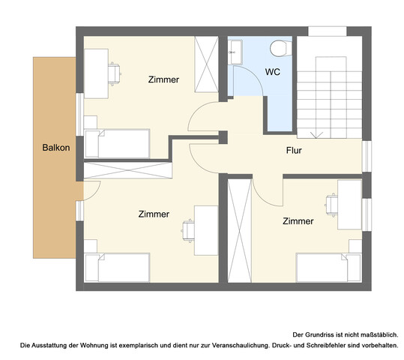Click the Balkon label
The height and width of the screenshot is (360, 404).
click(56, 148)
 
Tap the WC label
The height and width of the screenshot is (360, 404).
click(273, 72)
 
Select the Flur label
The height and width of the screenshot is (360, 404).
click(294, 150)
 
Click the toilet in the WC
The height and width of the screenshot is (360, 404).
click(281, 48)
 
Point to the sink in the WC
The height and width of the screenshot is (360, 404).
click(235, 52)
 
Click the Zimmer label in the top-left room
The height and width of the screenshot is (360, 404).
click(163, 79)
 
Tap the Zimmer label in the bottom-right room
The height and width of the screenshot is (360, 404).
click(298, 221)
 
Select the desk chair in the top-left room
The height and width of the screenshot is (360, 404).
click(115, 74)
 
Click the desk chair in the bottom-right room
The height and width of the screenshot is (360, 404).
click(331, 205)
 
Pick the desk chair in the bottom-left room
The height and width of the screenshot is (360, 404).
click(188, 231)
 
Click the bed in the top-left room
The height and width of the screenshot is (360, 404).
click(118, 144)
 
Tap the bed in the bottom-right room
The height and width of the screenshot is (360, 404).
click(329, 268)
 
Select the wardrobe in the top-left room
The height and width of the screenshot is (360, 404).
click(206, 64)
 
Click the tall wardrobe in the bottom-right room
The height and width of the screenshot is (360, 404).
click(240, 230)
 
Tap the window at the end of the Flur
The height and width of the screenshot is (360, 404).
click(367, 156)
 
